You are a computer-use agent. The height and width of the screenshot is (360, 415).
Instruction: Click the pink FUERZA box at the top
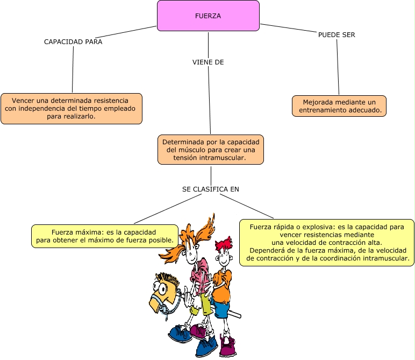coord(208,16)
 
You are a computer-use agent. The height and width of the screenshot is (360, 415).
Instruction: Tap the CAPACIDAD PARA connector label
coord(73,41)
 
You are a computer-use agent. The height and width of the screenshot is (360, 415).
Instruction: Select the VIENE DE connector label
coord(208,62)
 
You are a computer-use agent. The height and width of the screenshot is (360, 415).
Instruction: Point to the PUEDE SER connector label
coord(337,35)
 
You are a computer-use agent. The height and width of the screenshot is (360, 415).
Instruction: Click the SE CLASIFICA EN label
coord(211,189)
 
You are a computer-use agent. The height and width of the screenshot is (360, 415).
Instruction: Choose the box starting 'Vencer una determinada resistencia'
coord(71,109)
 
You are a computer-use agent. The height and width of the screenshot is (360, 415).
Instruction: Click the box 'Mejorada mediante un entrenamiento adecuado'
coord(340,106)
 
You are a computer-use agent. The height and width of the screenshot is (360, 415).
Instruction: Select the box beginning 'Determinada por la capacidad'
coord(211,150)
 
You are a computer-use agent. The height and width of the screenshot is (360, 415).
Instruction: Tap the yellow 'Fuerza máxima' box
coord(105,236)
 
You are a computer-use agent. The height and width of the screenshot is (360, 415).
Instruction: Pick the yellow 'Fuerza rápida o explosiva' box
coord(327,243)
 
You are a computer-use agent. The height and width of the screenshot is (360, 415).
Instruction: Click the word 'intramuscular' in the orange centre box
coord(221,158)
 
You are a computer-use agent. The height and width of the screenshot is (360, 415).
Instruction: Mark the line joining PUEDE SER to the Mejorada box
coord(338,67)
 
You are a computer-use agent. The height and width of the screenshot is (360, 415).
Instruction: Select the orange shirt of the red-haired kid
coord(221,280)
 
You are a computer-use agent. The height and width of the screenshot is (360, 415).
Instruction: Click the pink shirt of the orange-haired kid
coord(199,274)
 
